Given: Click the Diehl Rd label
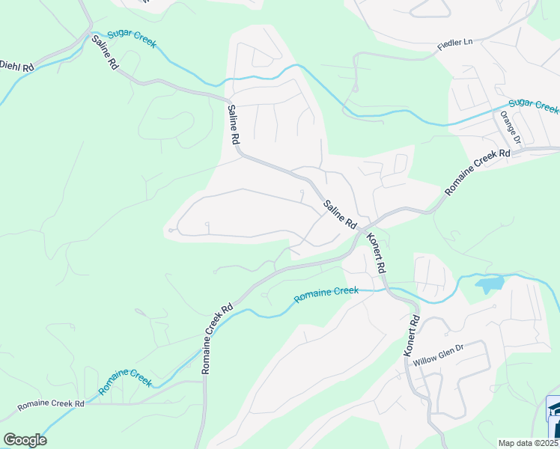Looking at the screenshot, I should pos(16,67).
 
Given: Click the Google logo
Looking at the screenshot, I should pos(25,440).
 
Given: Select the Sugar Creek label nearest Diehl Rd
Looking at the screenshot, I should pos(131,39).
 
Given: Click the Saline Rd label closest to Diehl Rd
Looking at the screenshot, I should pos(104,55).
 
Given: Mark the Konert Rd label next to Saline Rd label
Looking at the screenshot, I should pos(376,253).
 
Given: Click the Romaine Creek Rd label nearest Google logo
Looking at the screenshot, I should pos(51,404).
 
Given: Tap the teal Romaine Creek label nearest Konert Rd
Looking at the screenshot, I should pos(326,295).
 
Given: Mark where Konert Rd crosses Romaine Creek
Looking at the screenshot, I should pos(388,289).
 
